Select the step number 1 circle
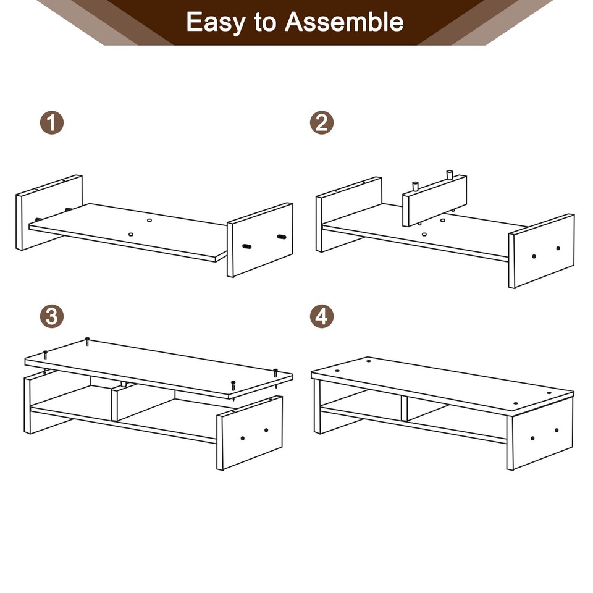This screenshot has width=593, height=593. (x=53, y=122)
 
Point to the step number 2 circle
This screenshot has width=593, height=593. (x=321, y=122)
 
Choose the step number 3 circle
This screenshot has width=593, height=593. (x=53, y=317)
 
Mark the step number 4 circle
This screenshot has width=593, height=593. (x=321, y=317)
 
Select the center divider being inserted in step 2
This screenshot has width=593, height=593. (x=434, y=201)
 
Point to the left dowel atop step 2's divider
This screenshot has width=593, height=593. (x=415, y=185)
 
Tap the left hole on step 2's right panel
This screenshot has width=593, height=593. (x=534, y=256)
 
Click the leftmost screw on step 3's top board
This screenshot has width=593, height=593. (x=45, y=354)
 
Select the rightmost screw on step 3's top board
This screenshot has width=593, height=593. (x=275, y=372)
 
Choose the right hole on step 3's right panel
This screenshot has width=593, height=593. (x=266, y=430)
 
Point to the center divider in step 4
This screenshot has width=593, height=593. (x=404, y=408)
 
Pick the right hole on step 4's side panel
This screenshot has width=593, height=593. (x=557, y=431)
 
